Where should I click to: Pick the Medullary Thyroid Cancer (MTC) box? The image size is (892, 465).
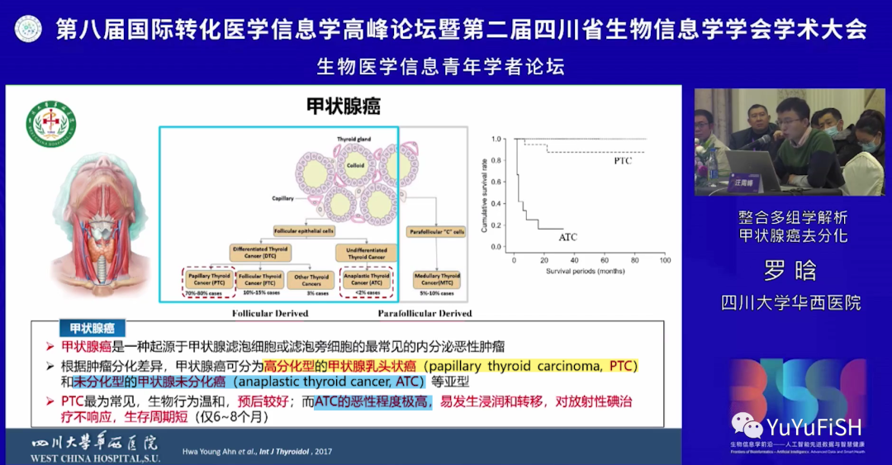(438, 280)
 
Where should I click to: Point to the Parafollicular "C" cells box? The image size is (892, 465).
(437, 232)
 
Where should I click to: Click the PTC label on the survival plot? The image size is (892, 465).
(622, 161)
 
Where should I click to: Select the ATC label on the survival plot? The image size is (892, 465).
(567, 237)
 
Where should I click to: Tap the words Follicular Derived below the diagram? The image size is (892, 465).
(270, 314)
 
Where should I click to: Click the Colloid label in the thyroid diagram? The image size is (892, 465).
(355, 164)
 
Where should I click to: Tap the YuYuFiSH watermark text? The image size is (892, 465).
(814, 427)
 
